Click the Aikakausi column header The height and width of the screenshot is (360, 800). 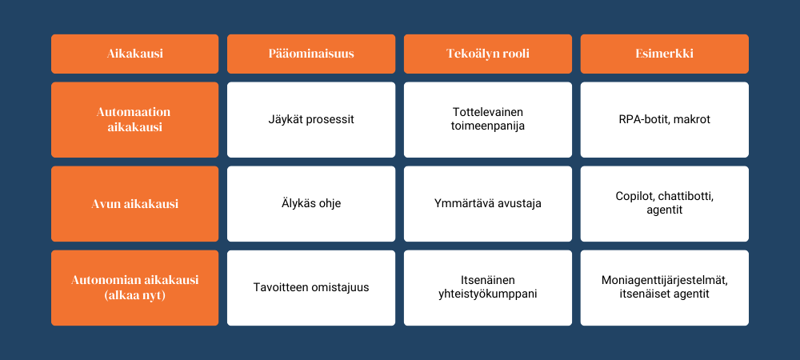134,54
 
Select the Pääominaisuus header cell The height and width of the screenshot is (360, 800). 311,54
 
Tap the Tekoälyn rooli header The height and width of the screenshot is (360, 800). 488,54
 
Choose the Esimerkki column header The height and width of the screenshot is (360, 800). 664,54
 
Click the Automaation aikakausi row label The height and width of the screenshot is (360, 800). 134,120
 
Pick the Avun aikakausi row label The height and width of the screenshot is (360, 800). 134,204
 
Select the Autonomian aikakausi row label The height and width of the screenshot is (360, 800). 134,287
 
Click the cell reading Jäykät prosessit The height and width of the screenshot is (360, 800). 311,120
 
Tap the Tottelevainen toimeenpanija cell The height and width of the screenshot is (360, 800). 488,120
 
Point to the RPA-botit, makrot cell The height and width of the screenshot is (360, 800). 664,120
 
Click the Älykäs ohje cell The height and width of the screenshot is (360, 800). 311,204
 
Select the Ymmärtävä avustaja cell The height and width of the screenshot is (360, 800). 488,204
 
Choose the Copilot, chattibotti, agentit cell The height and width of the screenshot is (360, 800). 664,204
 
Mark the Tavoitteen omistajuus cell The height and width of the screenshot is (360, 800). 311,287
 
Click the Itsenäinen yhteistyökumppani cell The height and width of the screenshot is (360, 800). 488,287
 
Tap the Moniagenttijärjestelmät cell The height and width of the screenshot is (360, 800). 664,287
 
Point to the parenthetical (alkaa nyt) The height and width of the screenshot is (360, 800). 134,295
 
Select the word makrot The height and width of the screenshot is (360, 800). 695,120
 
